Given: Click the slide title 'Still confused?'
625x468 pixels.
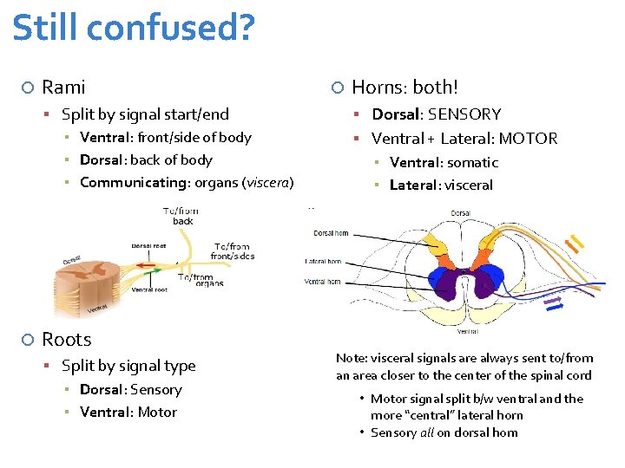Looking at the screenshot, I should (x=134, y=28).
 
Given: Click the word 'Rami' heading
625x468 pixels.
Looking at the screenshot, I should (x=63, y=88).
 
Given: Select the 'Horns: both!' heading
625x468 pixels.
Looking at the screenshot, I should (x=405, y=88).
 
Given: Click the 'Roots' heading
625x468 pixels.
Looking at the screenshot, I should (x=66, y=340).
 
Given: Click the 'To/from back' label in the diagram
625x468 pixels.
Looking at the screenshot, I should (x=182, y=216).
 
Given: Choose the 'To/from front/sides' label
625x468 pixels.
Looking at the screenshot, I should (x=232, y=251).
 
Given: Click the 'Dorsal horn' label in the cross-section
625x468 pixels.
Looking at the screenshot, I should (x=331, y=233).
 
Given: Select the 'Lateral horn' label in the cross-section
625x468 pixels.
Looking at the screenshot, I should (x=322, y=261).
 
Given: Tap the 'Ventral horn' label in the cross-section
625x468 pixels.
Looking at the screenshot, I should (x=322, y=281).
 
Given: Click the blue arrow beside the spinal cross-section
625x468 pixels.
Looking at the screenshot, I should (x=553, y=301).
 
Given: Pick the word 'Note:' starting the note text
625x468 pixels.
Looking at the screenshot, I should (x=352, y=358).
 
